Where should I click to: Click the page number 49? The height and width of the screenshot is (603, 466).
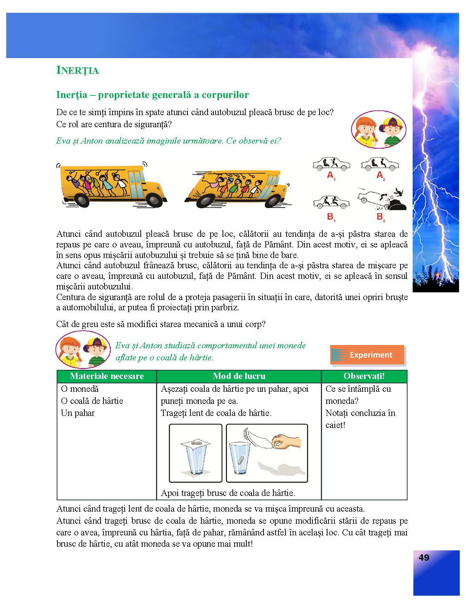pyautogui.click(x=424, y=558)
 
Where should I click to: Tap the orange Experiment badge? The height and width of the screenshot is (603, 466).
pyautogui.click(x=367, y=355)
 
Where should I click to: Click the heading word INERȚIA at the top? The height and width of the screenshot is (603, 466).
pyautogui.click(x=77, y=71)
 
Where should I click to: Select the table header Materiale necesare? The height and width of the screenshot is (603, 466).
pyautogui.click(x=107, y=376)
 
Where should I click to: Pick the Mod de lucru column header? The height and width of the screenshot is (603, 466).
pyautogui.click(x=239, y=376)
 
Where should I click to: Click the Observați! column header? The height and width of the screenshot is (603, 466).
pyautogui.click(x=364, y=376)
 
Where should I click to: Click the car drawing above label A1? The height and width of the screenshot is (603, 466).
pyautogui.click(x=331, y=164)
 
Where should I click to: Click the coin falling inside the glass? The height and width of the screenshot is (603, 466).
pyautogui.click(x=240, y=460)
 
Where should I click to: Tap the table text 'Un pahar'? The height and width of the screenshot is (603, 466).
pyautogui.click(x=78, y=413)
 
